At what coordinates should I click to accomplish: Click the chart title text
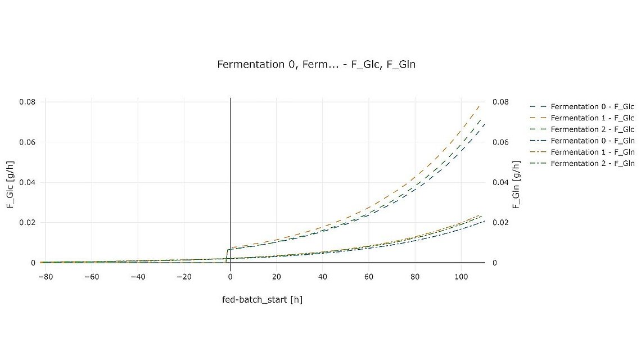coord(316,65)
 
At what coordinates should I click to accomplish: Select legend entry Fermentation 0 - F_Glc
coord(592,107)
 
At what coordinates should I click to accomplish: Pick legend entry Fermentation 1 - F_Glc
coord(592,118)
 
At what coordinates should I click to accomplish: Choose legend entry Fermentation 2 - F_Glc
coord(592,129)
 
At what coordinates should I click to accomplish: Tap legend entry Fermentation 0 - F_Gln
coord(592,141)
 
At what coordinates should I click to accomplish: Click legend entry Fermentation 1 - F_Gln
coord(592,152)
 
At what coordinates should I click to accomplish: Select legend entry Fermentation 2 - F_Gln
coord(592,163)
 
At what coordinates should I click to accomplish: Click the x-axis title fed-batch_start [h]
coord(263,299)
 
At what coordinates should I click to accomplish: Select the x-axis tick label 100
coord(461,277)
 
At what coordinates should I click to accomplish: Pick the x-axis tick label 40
coord(322,277)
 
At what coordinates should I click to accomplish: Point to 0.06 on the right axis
coord(501,142)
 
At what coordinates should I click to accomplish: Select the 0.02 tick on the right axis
coord(501,223)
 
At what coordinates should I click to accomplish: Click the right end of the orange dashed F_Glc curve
coord(480,105)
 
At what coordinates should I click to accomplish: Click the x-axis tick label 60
coord(368,277)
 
